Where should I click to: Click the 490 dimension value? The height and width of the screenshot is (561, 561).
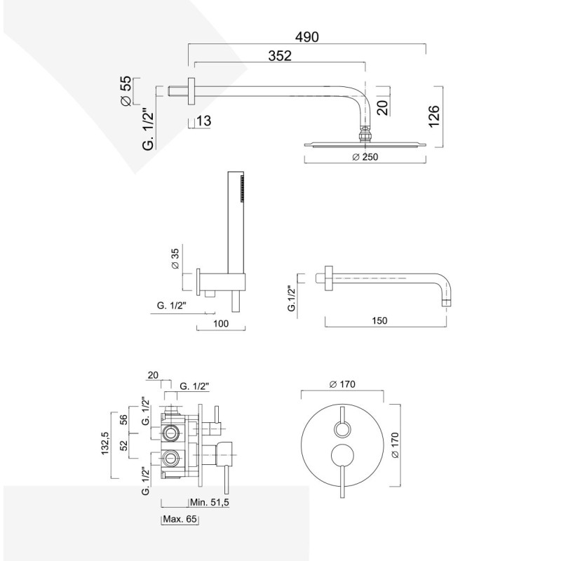306,36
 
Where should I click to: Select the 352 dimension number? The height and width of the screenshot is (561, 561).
279,58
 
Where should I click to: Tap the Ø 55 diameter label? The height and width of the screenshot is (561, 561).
126,91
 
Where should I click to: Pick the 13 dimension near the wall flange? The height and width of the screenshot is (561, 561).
203,121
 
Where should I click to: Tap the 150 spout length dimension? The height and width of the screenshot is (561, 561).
379,320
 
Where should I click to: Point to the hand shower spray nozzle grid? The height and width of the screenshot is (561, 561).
240,188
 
